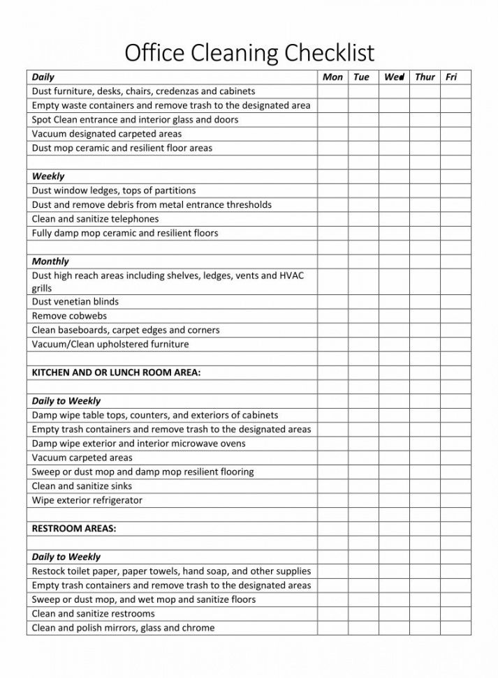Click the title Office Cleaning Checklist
tap(249, 52)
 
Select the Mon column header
tap(332, 77)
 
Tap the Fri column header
tap(451, 77)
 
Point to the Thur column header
tap(425, 77)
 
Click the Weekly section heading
tap(48, 176)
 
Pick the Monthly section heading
tap(50, 262)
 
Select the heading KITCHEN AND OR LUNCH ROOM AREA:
tap(116, 372)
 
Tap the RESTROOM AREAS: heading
tap(74, 529)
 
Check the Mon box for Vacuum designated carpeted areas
tap(332, 134)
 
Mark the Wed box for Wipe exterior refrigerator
tap(394, 500)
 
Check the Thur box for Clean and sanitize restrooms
tap(424, 614)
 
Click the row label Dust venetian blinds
tap(75, 302)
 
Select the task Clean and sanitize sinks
tap(82, 486)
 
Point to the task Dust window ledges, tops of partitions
tap(114, 190)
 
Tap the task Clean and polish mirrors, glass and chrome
tap(123, 628)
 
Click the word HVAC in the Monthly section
tap(291, 276)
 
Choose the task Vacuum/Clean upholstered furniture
tap(110, 344)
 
